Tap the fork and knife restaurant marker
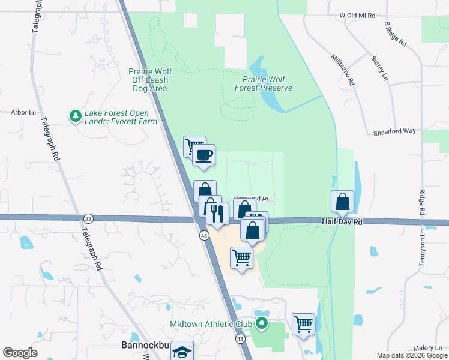(x=217, y=213)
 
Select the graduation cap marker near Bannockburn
(x=182, y=352)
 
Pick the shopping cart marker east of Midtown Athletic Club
(x=304, y=324)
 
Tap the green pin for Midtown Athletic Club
(x=261, y=324)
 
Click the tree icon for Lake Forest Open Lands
(x=75, y=115)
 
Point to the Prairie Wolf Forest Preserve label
(x=267, y=83)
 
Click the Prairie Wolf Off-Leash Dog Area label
(x=149, y=79)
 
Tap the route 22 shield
(x=89, y=218)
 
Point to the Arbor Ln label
(x=24, y=112)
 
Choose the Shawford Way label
(x=394, y=131)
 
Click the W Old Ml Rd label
(x=357, y=15)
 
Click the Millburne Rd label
(x=343, y=68)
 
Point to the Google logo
(x=20, y=352)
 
